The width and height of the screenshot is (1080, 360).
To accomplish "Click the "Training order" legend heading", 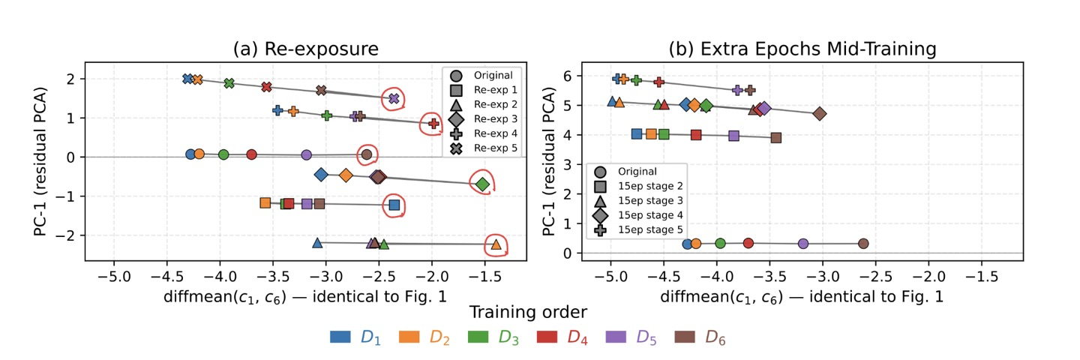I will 528,311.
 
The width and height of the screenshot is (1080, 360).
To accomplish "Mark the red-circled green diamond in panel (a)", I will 482,184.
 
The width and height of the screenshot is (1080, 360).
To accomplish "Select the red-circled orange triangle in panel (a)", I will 496,244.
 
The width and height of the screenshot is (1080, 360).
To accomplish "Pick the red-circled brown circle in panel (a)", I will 367,154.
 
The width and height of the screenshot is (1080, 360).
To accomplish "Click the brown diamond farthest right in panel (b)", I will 819,114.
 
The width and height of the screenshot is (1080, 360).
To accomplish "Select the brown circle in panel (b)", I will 863,244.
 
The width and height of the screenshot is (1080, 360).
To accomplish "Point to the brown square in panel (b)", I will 776,137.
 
